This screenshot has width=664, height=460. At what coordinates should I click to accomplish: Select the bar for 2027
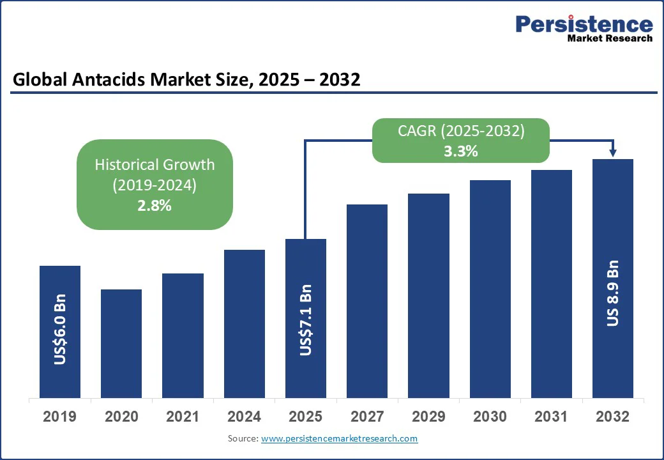(367, 301)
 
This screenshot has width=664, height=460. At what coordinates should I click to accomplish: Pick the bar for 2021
(183, 335)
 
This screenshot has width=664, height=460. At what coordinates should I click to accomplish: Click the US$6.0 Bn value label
(60, 329)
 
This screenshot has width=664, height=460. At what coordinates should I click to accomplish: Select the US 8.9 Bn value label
(613, 293)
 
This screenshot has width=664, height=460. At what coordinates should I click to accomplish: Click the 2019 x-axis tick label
(60, 417)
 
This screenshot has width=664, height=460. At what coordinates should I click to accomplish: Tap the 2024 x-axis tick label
(245, 417)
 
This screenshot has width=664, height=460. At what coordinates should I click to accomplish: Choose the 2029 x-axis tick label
(428, 417)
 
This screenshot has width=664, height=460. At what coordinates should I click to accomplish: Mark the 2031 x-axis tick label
(551, 417)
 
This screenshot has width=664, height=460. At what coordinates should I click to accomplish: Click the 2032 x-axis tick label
(613, 417)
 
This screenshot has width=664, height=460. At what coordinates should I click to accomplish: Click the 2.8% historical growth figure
(155, 205)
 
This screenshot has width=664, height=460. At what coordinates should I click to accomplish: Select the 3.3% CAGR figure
(462, 151)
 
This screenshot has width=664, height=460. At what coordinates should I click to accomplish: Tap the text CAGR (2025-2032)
(462, 132)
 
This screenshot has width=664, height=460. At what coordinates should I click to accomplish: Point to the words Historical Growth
(155, 164)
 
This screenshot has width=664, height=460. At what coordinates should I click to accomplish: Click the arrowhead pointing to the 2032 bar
(613, 153)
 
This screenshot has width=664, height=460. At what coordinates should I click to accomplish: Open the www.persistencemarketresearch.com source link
(339, 438)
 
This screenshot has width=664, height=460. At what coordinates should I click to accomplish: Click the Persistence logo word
(584, 24)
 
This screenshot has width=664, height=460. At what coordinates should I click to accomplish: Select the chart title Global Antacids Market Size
(186, 79)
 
